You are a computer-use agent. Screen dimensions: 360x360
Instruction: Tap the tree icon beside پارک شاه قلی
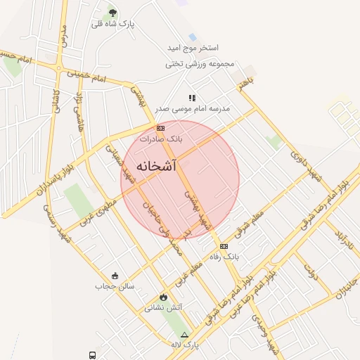(113, 14)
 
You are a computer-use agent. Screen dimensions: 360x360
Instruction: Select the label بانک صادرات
(161, 139)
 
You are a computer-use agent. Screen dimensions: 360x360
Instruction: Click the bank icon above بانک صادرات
(161, 128)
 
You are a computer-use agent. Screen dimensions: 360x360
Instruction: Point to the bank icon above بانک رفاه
(224, 246)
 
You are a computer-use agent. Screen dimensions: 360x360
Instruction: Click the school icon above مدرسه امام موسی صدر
(192, 98)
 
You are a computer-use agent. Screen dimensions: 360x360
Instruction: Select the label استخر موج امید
(193, 48)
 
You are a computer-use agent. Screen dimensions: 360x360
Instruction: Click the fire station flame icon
(164, 297)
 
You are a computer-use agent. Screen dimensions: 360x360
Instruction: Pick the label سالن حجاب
(115, 286)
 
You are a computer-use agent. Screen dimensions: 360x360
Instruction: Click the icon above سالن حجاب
(115, 275)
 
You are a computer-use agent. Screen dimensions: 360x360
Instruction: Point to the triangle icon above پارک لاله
(185, 335)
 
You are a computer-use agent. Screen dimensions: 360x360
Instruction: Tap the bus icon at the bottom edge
(92, 355)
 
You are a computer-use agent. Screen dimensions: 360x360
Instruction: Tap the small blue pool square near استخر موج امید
(193, 37)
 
